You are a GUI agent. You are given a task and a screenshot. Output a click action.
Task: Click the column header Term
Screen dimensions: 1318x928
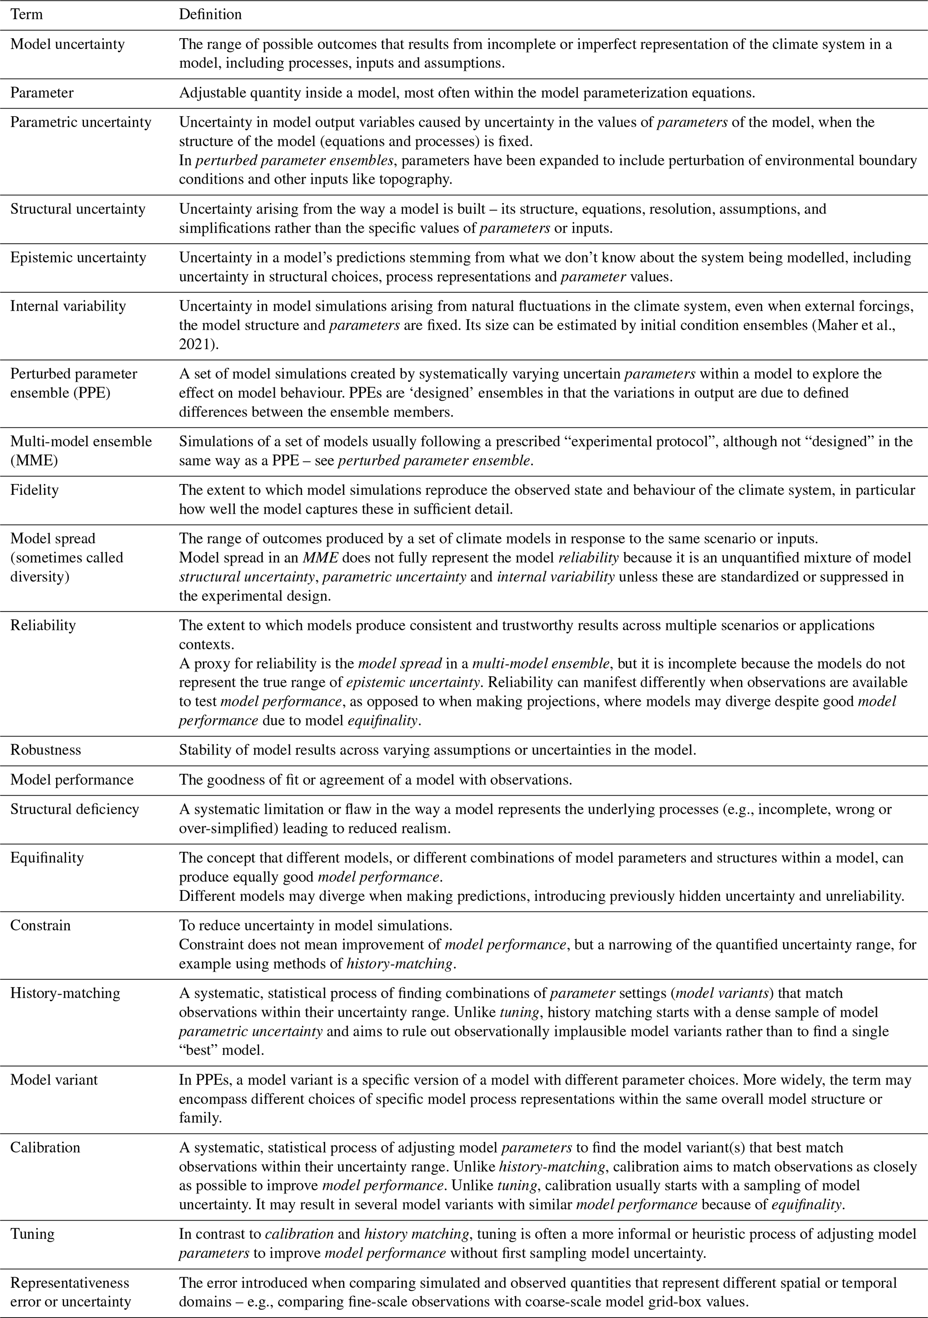coord(26,14)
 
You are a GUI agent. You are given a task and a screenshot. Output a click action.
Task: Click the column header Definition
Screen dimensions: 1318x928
coord(210,14)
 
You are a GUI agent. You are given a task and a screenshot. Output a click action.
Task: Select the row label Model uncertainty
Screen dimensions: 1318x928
coord(67,44)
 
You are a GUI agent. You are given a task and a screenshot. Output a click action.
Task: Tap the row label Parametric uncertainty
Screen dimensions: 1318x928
coord(81,122)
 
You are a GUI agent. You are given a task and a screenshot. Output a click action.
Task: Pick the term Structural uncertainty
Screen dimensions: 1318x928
coord(78,209)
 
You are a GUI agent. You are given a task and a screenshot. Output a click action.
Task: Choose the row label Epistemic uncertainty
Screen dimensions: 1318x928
coord(79,258)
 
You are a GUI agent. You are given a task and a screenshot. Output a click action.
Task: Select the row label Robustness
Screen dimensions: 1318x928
coord(45,749)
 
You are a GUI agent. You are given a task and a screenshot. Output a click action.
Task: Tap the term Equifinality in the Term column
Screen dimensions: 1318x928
coord(47,858)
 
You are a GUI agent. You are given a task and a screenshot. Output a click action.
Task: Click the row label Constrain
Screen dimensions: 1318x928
coord(40,926)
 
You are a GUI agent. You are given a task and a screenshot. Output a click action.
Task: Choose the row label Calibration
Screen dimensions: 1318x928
coord(45,1147)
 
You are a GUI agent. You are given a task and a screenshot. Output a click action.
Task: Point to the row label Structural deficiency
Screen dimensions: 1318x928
coord(75,809)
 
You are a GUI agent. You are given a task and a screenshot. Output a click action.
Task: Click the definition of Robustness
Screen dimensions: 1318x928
coord(437,749)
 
